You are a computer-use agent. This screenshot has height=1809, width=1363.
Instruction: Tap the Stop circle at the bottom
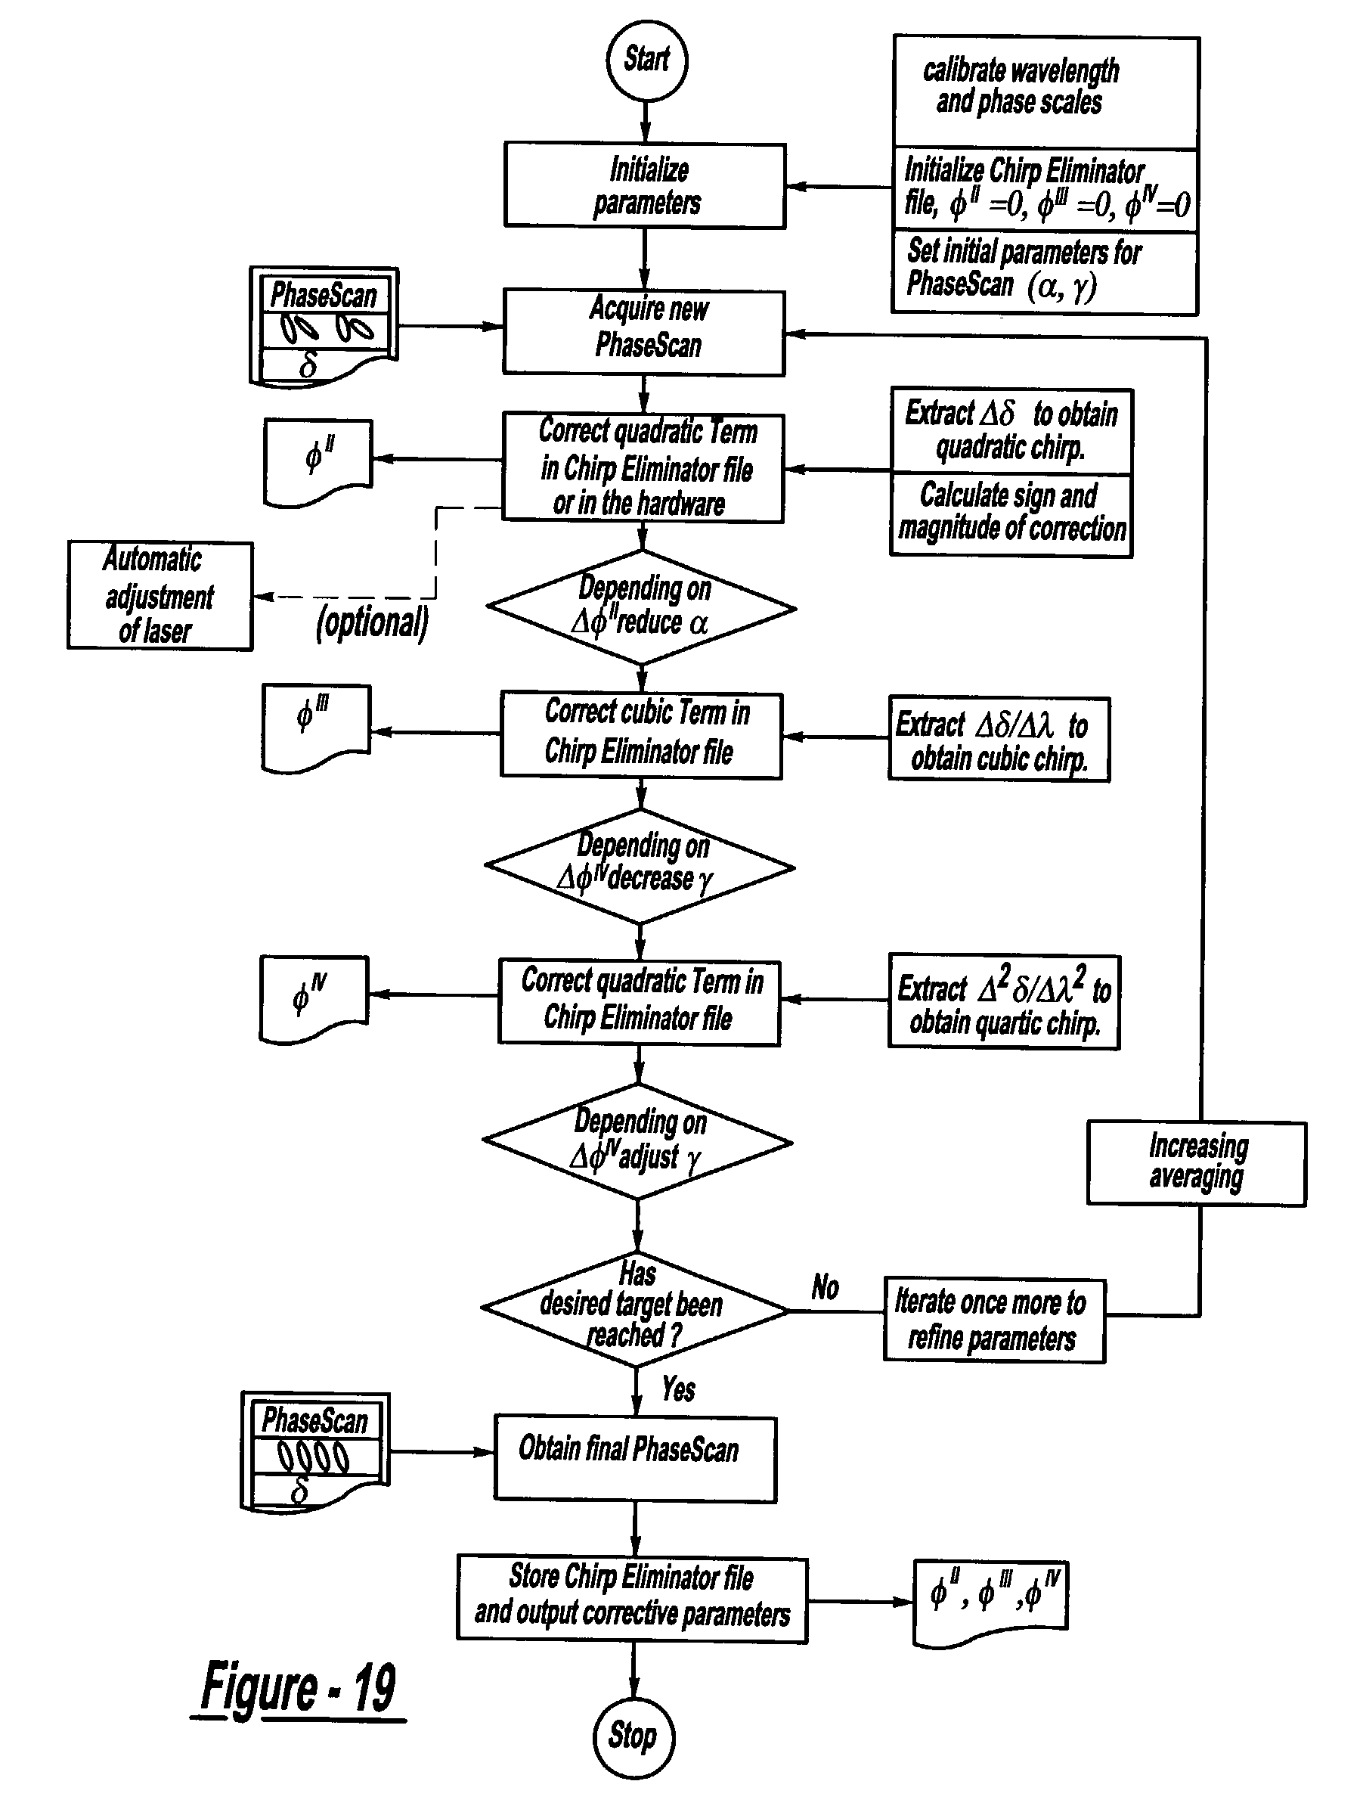pyautogui.click(x=633, y=1737)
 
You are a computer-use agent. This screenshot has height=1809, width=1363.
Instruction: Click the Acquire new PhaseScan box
pyautogui.click(x=644, y=332)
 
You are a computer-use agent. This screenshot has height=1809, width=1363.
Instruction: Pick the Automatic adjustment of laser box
pyautogui.click(x=160, y=595)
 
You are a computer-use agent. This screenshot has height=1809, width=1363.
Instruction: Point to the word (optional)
pyautogui.click(x=372, y=623)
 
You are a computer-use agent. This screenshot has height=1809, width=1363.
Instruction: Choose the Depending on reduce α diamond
pyautogui.click(x=641, y=607)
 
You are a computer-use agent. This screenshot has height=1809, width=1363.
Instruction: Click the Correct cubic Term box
pyautogui.click(x=641, y=734)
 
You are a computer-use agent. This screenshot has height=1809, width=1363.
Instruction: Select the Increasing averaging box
pyautogui.click(x=1196, y=1163)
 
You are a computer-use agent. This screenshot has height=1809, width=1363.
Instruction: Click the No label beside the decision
pyautogui.click(x=825, y=1288)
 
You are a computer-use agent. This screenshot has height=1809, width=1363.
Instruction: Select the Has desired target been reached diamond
pyautogui.click(x=635, y=1308)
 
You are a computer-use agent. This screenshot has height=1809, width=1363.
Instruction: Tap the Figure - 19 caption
pyautogui.click(x=299, y=1688)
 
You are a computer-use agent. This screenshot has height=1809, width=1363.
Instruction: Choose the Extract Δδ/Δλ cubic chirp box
pyautogui.click(x=999, y=740)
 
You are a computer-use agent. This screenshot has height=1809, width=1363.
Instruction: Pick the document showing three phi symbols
pyautogui.click(x=990, y=1602)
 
